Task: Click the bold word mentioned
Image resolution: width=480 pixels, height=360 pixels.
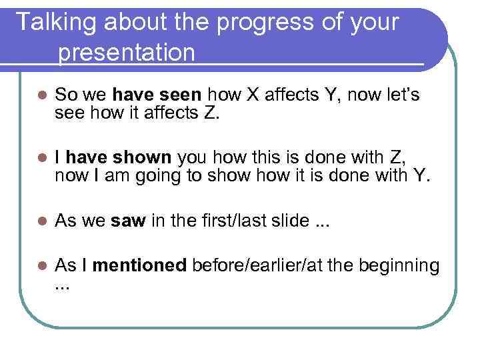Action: pyautogui.click(x=140, y=266)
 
